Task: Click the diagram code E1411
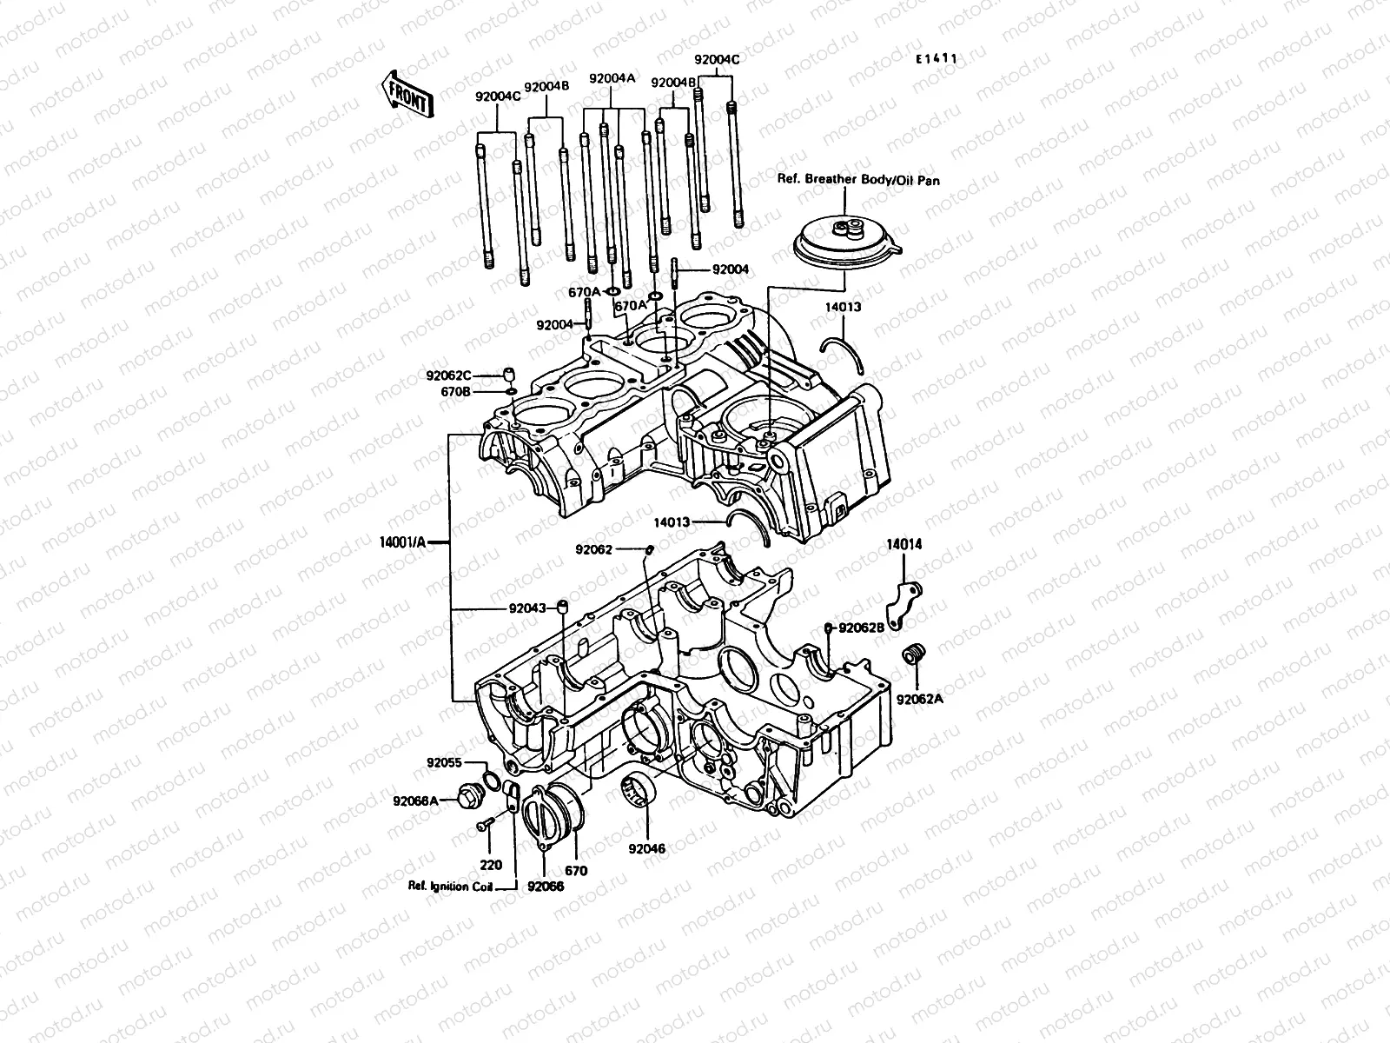[x=936, y=59]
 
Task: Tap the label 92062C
[x=448, y=375]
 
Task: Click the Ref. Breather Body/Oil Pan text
[x=857, y=182]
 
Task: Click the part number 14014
[x=903, y=545]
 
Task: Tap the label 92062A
[x=919, y=698]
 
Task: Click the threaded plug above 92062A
[x=912, y=653]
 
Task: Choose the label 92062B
[x=859, y=628]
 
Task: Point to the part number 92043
[x=528, y=608]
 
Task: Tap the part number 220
[x=491, y=866]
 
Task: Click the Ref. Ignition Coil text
[x=451, y=887]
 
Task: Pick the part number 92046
[x=647, y=848]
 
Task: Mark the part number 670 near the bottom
[x=576, y=870]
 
